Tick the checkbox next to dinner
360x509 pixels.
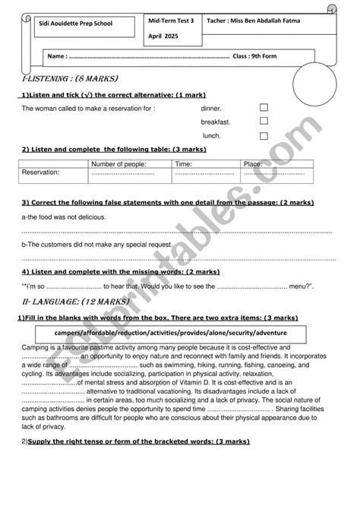264,108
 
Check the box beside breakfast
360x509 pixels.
264,121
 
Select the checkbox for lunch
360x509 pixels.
264,135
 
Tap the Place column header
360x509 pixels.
252,164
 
